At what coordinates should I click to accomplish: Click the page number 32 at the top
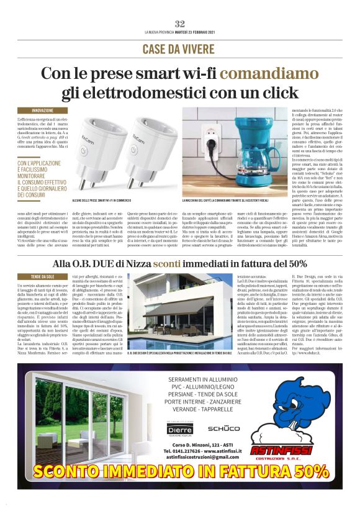coord(180,23)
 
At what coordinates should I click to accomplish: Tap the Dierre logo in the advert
coord(181,428)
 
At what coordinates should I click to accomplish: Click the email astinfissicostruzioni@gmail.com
coord(202,458)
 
